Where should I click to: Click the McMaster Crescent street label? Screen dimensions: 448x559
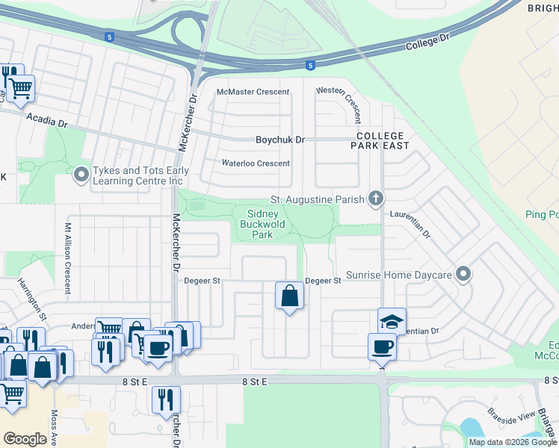coord(252,92)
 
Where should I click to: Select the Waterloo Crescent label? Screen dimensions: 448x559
coord(256,164)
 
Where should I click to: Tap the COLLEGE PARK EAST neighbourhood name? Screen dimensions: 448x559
coord(383,141)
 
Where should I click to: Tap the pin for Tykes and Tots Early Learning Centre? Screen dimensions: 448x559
coord(81,175)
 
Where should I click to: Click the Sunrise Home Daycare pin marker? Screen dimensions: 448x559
coord(464,276)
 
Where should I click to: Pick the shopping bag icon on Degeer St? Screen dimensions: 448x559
coord(289,296)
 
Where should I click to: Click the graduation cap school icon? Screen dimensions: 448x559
coord(392,321)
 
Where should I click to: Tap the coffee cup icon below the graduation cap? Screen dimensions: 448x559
coord(382,346)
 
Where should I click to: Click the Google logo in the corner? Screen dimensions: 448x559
coord(25,439)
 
